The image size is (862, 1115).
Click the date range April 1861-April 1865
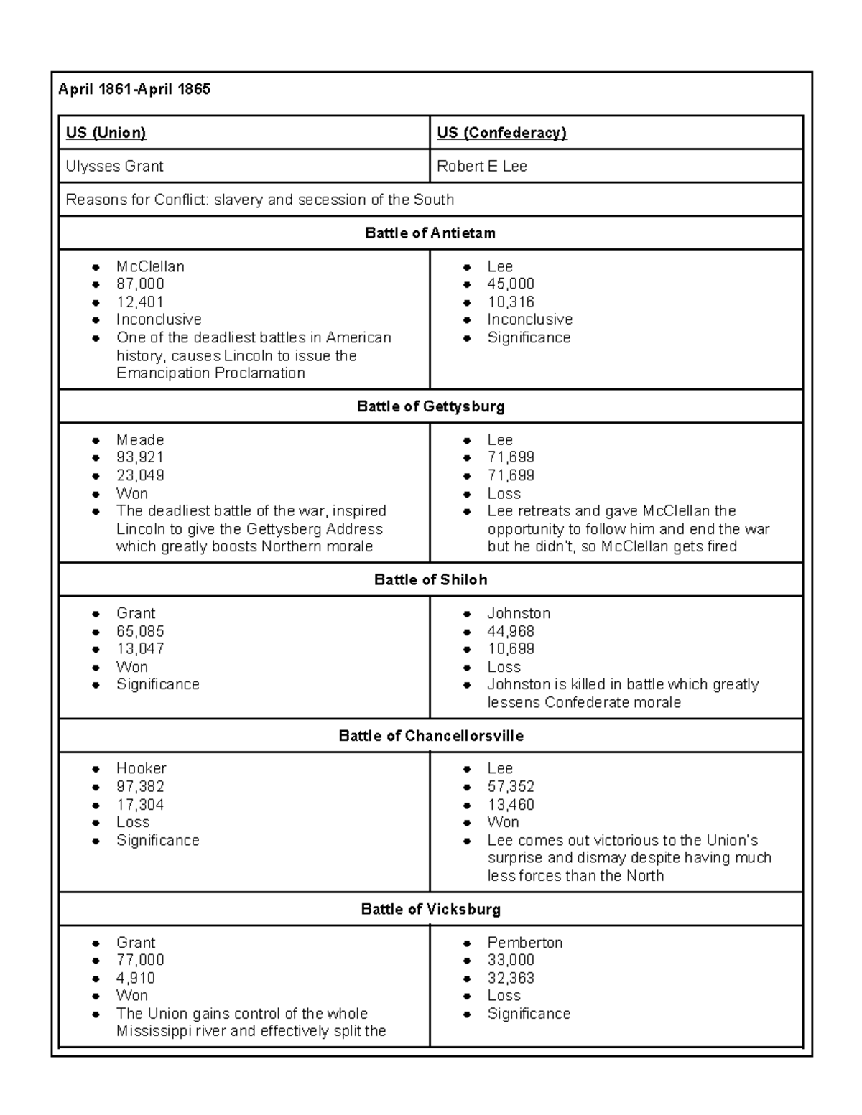(x=134, y=90)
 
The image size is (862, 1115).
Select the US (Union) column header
(x=106, y=133)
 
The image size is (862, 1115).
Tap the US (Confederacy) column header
(x=501, y=133)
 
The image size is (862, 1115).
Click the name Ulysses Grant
(x=114, y=167)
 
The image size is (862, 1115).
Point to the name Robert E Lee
(x=481, y=167)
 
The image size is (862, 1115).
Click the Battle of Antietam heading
(x=430, y=233)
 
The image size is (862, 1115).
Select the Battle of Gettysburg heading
(x=430, y=406)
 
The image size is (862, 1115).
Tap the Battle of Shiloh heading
(x=430, y=580)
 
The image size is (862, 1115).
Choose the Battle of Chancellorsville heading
(x=430, y=736)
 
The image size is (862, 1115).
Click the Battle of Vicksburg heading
(x=430, y=910)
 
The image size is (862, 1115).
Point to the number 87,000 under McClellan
(x=140, y=284)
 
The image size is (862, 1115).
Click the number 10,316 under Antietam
(x=511, y=302)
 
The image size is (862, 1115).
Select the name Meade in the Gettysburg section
(x=140, y=440)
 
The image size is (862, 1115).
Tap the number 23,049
(x=140, y=475)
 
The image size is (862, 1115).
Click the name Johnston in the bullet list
(x=519, y=614)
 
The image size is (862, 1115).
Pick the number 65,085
(x=140, y=632)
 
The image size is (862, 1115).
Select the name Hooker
(x=141, y=769)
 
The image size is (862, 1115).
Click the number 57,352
(x=511, y=787)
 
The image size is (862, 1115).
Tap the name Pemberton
(x=524, y=943)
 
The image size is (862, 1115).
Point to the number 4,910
(x=136, y=978)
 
